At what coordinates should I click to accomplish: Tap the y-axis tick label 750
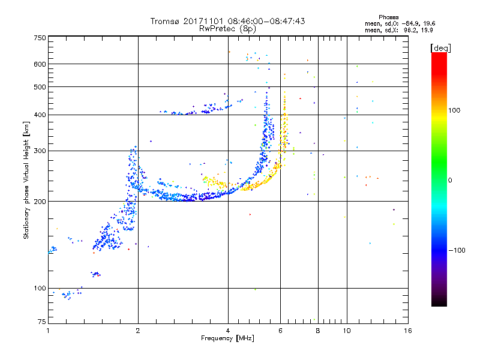(40, 38)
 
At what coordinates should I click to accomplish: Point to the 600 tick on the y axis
(40, 64)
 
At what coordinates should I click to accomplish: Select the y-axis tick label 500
(40, 87)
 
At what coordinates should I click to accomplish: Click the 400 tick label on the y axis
(40, 115)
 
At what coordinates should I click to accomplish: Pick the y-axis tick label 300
(40, 151)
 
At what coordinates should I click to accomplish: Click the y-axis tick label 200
(40, 202)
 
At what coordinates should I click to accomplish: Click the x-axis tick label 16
(407, 331)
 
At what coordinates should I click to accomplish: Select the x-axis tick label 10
(346, 331)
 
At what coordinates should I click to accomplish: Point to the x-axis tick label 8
(318, 331)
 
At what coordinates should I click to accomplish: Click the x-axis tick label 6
(280, 331)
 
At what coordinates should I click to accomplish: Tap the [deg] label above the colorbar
(440, 47)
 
